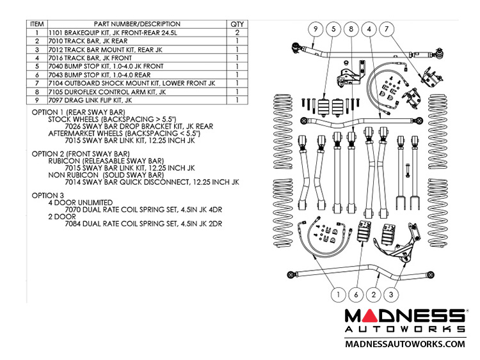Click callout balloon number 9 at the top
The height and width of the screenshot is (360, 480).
click(315, 29)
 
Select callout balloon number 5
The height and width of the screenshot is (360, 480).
click(333, 29)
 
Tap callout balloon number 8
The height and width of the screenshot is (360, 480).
click(351, 29)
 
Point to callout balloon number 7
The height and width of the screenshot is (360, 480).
click(386, 29)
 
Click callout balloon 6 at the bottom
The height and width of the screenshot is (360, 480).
click(356, 295)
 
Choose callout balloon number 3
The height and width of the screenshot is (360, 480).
click(393, 295)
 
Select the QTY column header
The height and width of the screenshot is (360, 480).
click(237, 24)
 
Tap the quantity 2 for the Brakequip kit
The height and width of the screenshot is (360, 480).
click(237, 33)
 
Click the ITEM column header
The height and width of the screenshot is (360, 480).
click(37, 24)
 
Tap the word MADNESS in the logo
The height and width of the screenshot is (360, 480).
click(405, 316)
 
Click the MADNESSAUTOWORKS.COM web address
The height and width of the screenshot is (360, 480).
click(405, 344)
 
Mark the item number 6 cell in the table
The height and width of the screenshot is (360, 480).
click(37, 74)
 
